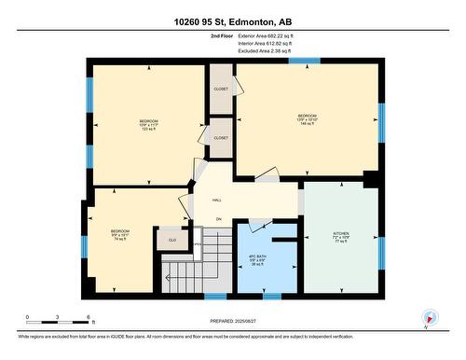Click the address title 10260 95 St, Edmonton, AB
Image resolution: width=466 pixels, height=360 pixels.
[232, 21]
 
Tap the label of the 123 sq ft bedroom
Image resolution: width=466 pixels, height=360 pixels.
[149, 125]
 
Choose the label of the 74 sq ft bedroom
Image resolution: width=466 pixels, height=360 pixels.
[120, 234]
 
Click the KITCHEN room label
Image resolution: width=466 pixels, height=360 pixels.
[341, 236]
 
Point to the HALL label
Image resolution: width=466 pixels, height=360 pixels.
[216, 200]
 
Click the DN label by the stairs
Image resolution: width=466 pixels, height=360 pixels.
[218, 219]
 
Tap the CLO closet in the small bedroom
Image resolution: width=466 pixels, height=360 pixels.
[172, 240]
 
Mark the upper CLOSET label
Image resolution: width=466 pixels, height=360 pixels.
[221, 89]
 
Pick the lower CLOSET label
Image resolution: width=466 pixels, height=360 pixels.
[221, 137]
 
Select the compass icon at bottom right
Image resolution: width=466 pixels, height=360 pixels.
[430, 317]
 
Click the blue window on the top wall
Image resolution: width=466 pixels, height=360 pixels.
[304, 62]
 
